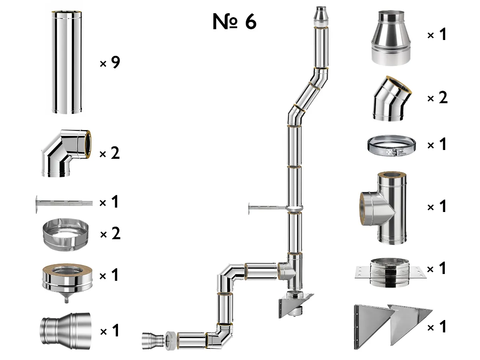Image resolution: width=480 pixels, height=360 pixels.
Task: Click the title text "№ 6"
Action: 234,22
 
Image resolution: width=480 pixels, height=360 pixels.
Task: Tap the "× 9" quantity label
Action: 110,63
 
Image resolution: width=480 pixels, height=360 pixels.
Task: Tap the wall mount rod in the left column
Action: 64,202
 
